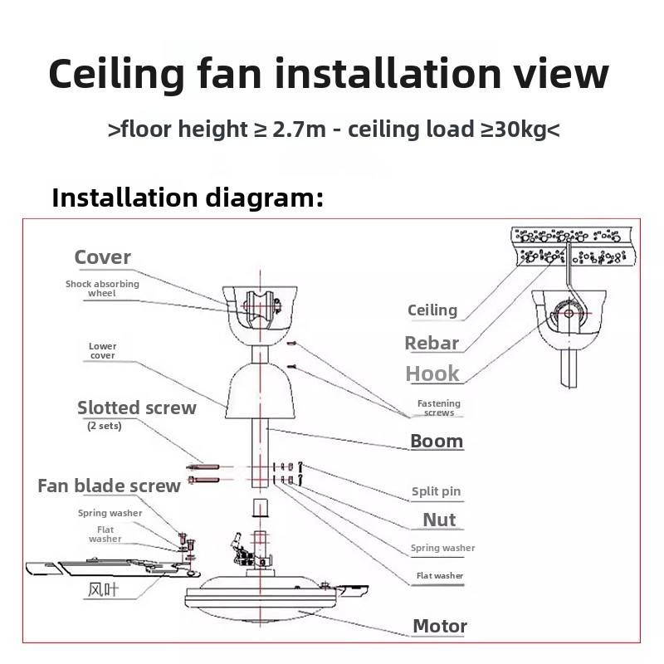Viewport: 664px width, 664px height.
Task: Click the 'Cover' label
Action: [103, 257]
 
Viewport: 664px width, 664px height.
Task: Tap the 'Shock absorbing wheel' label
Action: [103, 288]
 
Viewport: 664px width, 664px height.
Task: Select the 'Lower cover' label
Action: [103, 350]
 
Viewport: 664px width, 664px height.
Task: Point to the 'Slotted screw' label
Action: [137, 408]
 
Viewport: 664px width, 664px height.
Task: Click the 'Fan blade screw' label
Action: [109, 486]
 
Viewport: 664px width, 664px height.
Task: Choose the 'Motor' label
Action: [440, 626]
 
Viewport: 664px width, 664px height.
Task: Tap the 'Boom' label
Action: [437, 441]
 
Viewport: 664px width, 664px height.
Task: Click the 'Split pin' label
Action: [436, 491]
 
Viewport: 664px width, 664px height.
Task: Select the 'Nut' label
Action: [439, 520]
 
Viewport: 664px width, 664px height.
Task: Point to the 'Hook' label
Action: [432, 373]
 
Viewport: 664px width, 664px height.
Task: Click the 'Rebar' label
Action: [432, 342]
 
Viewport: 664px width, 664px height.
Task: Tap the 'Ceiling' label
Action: [432, 310]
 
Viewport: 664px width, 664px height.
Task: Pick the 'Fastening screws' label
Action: [438, 408]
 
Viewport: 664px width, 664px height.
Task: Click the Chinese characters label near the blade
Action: [107, 590]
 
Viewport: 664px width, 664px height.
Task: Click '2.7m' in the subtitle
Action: [288, 129]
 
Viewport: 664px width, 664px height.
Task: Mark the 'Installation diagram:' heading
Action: [187, 198]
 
